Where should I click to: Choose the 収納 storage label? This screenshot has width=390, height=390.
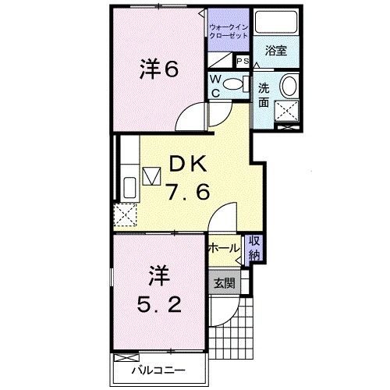point(254,247)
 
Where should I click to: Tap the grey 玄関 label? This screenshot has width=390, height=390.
point(224,283)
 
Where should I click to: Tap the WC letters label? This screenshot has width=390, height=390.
point(214,84)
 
